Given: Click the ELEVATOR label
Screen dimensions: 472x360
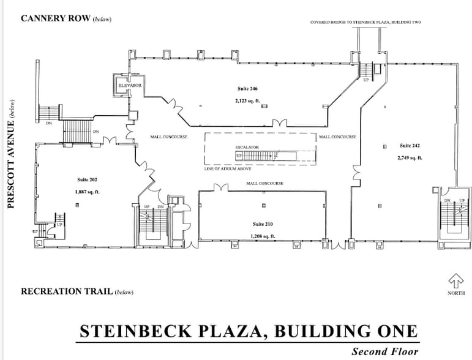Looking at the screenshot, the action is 130,86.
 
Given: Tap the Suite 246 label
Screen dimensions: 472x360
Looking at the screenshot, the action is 247,89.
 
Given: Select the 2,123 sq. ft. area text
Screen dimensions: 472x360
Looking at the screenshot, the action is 247,101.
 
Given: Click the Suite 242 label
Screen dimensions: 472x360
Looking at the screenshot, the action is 410,146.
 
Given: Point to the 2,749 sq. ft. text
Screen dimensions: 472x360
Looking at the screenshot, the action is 410,157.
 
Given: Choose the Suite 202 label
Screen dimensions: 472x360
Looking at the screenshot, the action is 88,180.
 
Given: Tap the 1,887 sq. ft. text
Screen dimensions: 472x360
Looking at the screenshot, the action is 88,192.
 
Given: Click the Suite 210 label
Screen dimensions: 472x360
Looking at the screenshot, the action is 263,224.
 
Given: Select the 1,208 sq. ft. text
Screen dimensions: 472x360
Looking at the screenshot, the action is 263,236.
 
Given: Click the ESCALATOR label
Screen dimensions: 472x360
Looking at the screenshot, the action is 247,147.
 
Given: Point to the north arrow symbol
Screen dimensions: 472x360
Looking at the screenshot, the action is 455,281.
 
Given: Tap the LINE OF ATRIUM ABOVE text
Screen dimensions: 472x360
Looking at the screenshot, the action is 228,169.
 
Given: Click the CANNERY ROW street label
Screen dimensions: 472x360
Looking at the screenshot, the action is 55,18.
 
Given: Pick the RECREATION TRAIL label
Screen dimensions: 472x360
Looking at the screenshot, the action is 67,291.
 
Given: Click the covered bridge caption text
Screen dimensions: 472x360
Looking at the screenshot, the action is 365,22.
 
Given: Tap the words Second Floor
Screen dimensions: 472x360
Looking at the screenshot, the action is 385,351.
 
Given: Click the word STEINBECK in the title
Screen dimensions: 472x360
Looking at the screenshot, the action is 135,331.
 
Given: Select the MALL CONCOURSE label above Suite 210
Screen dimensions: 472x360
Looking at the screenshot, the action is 265,183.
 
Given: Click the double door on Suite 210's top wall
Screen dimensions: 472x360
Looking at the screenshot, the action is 221,187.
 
